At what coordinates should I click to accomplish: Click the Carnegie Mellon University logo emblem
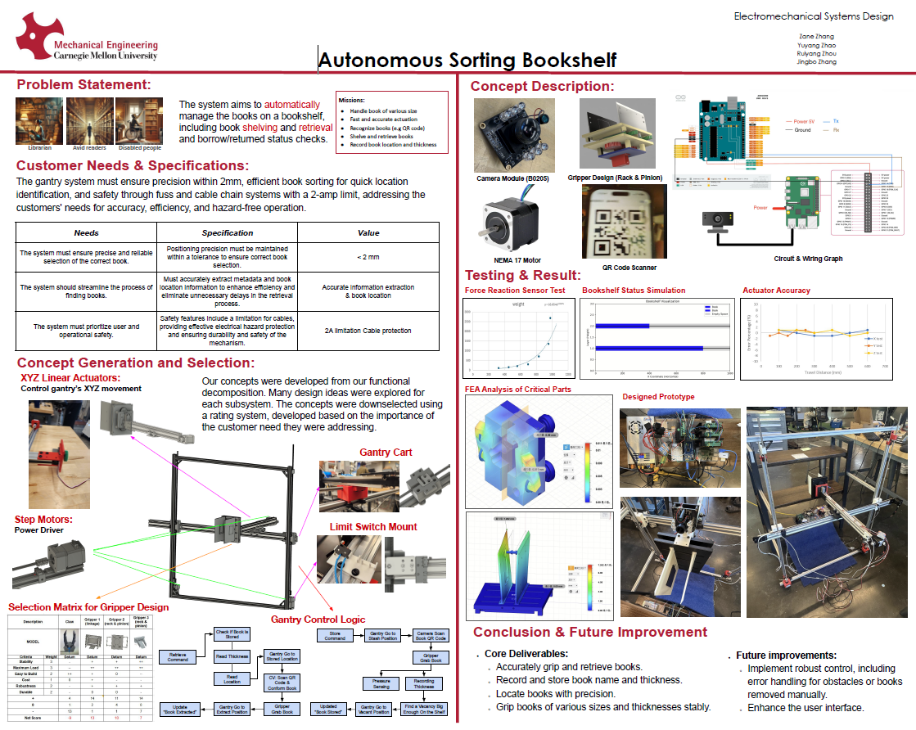(x=38, y=36)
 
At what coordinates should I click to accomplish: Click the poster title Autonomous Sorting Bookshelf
(x=467, y=60)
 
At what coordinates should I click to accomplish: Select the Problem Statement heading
(x=83, y=84)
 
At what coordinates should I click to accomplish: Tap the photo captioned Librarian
(x=39, y=121)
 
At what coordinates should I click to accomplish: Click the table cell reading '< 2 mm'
(x=368, y=256)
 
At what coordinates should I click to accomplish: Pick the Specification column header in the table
(x=228, y=232)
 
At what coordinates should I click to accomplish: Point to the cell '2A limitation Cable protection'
(x=368, y=331)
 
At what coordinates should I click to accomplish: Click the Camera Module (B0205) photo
(x=514, y=134)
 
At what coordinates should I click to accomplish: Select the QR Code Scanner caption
(x=629, y=268)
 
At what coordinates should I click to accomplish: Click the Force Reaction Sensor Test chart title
(x=515, y=291)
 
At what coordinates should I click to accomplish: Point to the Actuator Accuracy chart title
(x=776, y=291)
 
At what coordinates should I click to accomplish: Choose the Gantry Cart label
(x=386, y=452)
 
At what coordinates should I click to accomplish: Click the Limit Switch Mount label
(x=372, y=527)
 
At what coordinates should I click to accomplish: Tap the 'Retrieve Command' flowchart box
(x=178, y=656)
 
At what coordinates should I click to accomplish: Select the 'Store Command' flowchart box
(x=335, y=635)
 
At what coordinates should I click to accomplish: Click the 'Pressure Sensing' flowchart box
(x=381, y=683)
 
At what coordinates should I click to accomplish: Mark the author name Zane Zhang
(x=816, y=36)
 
